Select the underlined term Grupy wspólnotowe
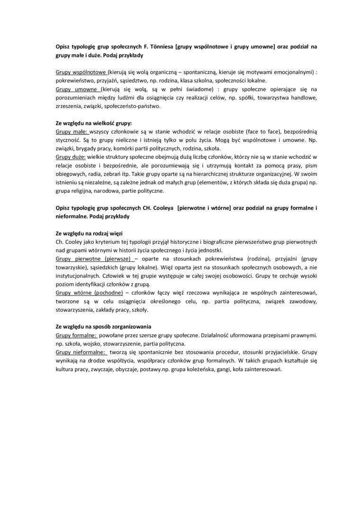click(81, 72)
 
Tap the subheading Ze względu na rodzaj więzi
click(87, 234)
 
